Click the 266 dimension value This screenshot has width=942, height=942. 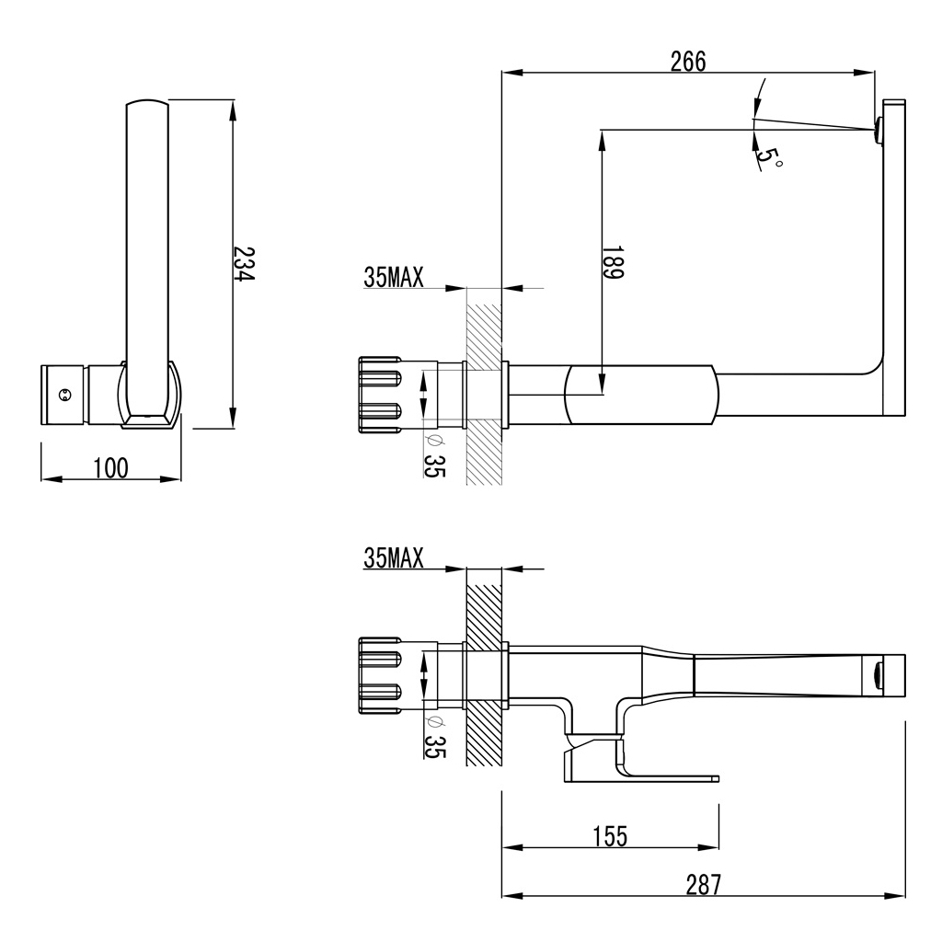click(687, 61)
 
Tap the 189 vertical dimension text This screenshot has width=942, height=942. click(614, 261)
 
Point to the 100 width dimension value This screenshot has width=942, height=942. click(110, 468)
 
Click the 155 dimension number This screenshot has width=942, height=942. click(609, 835)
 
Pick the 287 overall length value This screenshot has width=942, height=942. click(703, 884)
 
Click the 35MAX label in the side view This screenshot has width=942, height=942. click(394, 278)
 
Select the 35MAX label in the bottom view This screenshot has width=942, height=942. click(394, 557)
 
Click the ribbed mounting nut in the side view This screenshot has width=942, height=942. click(380, 394)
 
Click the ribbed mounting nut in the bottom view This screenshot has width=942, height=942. click(380, 675)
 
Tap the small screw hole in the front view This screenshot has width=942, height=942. click(63, 396)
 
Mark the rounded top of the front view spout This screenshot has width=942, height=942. click(147, 104)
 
